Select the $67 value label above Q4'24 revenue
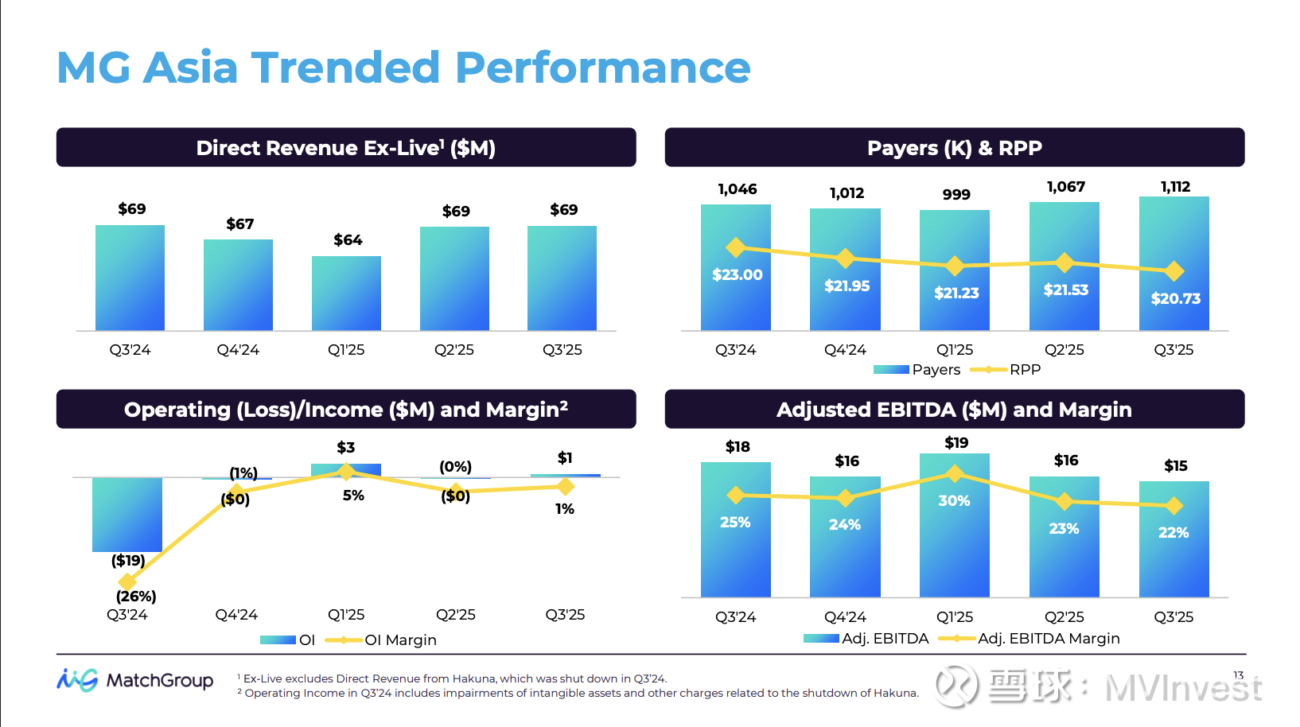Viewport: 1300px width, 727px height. tap(239, 224)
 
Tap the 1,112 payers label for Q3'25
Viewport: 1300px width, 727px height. tap(1175, 187)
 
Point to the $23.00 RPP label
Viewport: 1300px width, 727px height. tap(737, 275)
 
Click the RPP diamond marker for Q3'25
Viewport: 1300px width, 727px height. tap(1174, 271)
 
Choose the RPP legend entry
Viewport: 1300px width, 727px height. tap(1006, 370)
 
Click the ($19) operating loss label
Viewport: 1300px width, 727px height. tap(128, 561)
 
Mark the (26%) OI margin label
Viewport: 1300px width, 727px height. tap(136, 597)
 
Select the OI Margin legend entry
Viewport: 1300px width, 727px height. tap(381, 640)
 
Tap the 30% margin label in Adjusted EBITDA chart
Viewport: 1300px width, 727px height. tap(954, 501)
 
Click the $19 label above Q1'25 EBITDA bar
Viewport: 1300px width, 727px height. tap(956, 443)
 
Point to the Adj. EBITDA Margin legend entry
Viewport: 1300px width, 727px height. tap(1029, 639)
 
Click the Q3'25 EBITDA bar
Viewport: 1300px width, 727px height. tap(1174, 549)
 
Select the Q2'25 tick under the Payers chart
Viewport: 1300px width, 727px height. tap(1064, 350)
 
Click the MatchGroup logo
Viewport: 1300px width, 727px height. tap(135, 681)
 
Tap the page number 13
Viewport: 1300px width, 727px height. tap(1238, 675)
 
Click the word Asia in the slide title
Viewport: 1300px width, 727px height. tap(190, 68)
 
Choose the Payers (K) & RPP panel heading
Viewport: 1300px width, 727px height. tap(954, 148)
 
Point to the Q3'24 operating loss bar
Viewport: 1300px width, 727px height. tap(127, 514)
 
